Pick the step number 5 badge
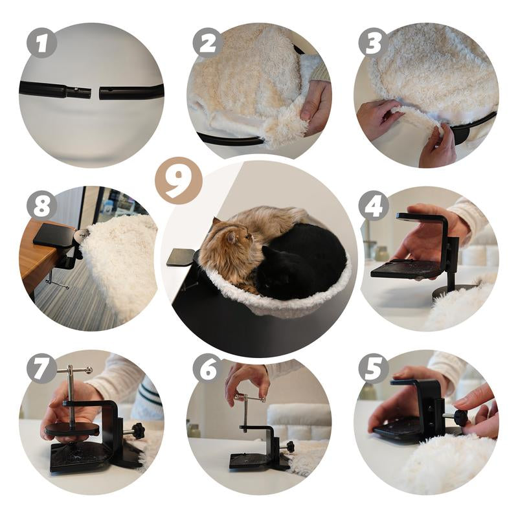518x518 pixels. pos(374,368)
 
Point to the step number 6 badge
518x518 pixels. pos(208,368)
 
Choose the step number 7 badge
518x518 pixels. pos(41,368)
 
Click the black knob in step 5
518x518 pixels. pos(460,416)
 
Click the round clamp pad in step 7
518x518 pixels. pos(72,429)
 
